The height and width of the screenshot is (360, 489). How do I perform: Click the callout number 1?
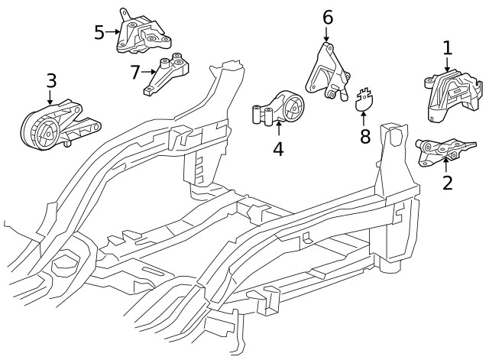tap(447, 47)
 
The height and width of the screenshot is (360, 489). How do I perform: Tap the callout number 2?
tap(447, 182)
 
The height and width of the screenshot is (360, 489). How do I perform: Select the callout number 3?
tap(51, 79)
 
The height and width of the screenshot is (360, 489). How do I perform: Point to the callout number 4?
tap(278, 148)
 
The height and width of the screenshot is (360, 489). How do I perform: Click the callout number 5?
tap(99, 32)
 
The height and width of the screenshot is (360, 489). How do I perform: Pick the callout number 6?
tap(327, 16)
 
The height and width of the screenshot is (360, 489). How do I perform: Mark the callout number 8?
tap(364, 136)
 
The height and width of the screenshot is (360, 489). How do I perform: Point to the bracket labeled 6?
tap(326, 73)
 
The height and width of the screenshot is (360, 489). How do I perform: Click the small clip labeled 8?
tap(365, 99)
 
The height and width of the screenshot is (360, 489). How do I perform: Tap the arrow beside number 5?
tap(112, 32)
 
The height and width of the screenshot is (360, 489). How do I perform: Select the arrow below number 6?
tap(327, 34)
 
